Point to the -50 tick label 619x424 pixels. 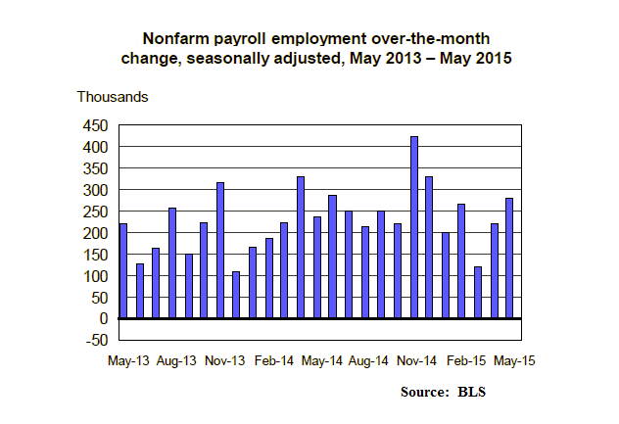pos(96,340)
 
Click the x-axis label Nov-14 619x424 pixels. pos(417,360)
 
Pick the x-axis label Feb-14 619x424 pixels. pos(273,360)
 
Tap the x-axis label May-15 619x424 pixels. pos(514,360)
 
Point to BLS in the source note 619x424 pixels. pos(471,393)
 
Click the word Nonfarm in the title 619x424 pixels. pos(177,39)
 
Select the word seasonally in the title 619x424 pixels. pos(239,59)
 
